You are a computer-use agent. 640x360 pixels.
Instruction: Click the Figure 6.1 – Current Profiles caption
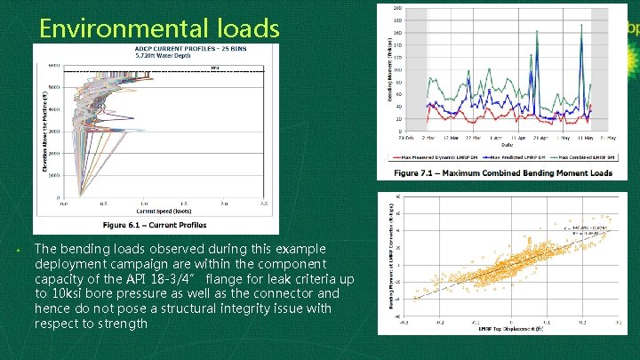coord(156,225)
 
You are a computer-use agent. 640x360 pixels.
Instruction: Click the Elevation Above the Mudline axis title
coord(41,132)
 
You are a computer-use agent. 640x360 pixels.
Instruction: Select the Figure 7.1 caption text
coord(503,172)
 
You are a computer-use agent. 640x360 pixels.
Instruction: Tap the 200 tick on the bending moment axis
coord(396,8)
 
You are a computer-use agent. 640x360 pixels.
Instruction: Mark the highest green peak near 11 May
coord(582,26)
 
